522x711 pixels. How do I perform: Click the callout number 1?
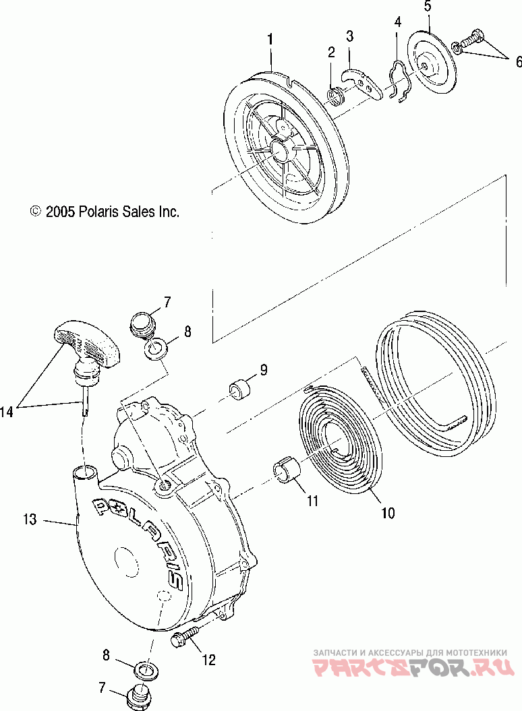pos(270,39)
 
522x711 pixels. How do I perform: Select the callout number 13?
pos(28,520)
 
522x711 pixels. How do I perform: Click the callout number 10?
pos(387,514)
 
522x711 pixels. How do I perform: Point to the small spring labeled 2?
pos(337,95)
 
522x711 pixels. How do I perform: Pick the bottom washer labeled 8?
pos(143,669)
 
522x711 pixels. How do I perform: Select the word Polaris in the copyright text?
pos(99,212)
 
